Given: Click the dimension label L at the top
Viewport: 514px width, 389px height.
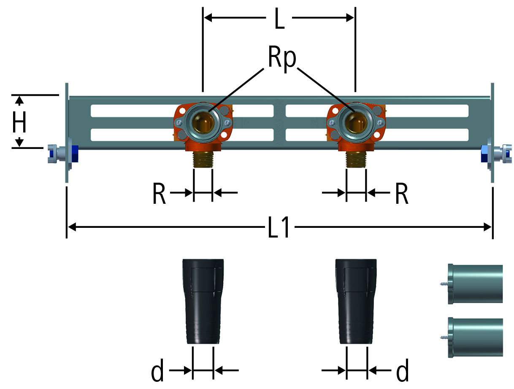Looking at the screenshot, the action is (x=279, y=18).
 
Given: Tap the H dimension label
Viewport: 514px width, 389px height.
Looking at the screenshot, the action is (x=19, y=122).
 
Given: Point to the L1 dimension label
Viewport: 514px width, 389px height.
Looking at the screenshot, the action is (x=279, y=227).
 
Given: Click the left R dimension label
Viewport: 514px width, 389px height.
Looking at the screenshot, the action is (x=159, y=193).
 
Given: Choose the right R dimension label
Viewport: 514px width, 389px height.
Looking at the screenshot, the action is (x=402, y=193).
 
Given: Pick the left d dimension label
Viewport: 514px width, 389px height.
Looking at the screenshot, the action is (x=157, y=370).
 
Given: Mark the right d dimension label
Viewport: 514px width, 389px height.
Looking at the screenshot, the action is (x=402, y=370).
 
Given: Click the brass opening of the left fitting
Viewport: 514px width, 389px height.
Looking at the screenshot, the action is (x=203, y=122).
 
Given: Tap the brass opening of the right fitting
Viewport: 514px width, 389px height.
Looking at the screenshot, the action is (x=355, y=122).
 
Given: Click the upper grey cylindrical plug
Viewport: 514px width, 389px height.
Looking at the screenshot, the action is (x=475, y=284).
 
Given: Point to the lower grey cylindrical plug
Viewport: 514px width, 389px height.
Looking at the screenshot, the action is (x=475, y=337).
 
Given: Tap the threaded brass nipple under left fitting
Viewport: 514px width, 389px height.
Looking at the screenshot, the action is (x=203, y=159).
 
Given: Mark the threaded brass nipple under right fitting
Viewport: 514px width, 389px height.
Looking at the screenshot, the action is (x=356, y=159).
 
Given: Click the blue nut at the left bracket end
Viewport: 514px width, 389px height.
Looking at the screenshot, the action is (x=74, y=154).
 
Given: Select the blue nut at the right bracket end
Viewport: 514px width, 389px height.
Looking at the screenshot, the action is (x=485, y=154).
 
